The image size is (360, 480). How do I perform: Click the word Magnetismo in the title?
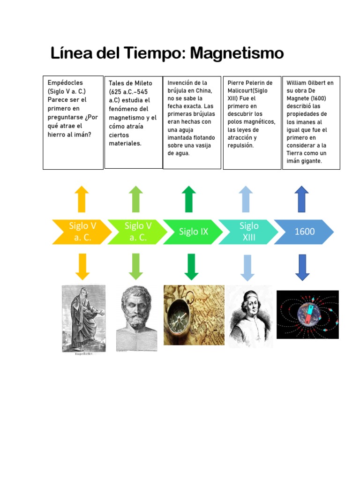tap(237, 53)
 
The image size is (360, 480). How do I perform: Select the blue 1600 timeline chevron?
tap(304, 232)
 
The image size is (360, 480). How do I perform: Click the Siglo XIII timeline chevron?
tap(248, 232)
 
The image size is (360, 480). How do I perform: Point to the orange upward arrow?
tap(82, 198)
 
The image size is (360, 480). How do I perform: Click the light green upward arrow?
tap(136, 198)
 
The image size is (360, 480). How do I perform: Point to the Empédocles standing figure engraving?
tap(83, 319)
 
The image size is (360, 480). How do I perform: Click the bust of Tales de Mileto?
tap(136, 318)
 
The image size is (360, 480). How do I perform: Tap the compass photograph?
tap(194, 315)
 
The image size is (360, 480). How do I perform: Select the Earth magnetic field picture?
tap(307, 315)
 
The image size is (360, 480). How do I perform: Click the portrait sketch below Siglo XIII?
tap(249, 315)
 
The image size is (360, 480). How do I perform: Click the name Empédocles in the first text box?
tap(65, 82)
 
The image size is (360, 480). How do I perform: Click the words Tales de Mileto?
tap(130, 83)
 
